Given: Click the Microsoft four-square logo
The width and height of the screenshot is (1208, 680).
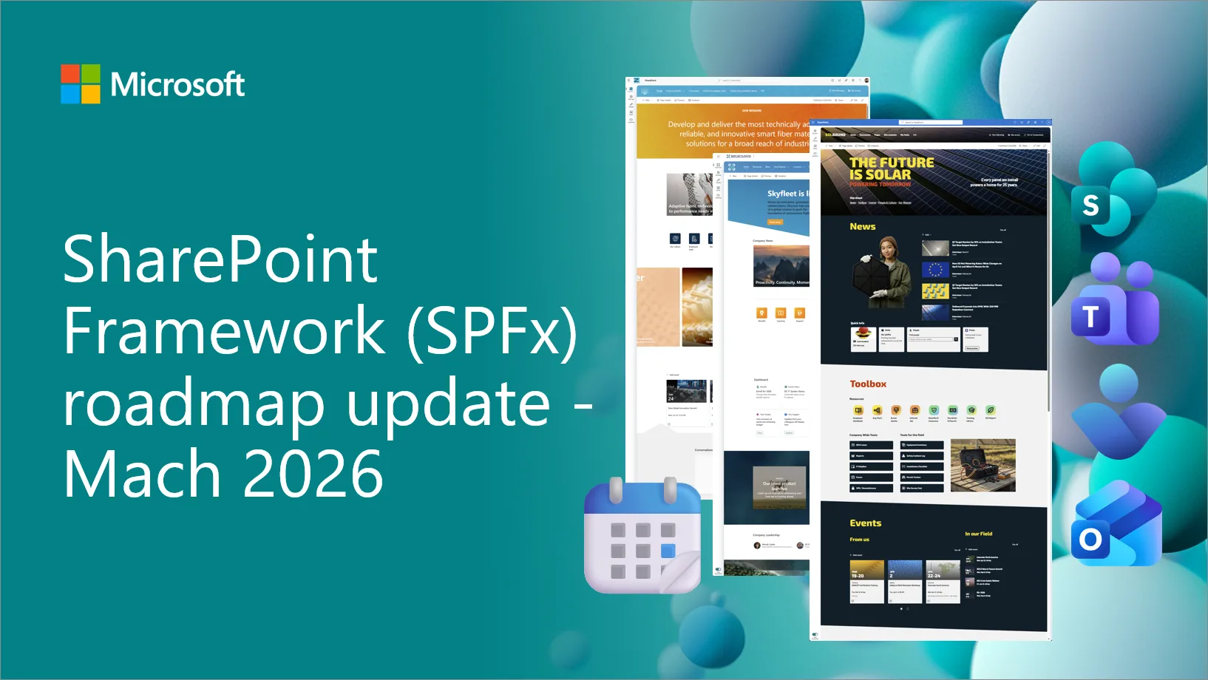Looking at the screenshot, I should pos(81,84).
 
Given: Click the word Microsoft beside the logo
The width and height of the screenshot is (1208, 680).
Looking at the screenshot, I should pos(177,84).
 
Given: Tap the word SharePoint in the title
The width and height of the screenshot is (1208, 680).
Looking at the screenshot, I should pos(220,259).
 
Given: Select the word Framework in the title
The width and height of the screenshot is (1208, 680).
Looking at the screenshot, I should pos(223,330).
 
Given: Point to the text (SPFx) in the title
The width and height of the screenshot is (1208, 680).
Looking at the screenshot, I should pos(492,332).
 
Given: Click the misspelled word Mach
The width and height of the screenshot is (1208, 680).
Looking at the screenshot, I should pos(141,474).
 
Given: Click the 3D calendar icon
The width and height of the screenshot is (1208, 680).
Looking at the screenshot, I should pos(642,536).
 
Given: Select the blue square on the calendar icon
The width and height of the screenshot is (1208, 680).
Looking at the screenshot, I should pos(668,551).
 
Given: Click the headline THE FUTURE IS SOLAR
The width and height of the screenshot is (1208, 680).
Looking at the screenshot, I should pos(891,168).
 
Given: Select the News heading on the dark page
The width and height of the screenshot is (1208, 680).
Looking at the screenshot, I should pos(862,227).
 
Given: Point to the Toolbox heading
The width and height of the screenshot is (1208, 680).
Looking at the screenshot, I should pos(868,384).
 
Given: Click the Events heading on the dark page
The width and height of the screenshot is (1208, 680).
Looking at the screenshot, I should pos(865,523).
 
